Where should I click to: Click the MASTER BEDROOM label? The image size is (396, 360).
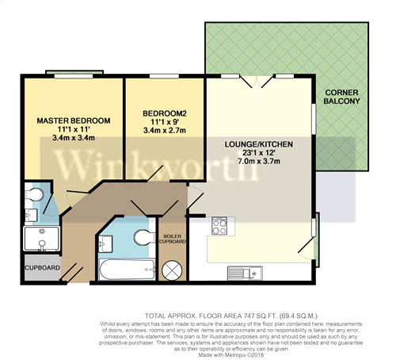tap(74, 121)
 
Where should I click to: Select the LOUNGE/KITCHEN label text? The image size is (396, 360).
tap(259, 144)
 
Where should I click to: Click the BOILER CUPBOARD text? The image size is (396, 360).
tap(173, 239)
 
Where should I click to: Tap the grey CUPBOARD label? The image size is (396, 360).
tap(42, 268)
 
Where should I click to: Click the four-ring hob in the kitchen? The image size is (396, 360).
tap(219, 225)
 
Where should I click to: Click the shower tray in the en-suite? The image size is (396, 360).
tap(39, 239)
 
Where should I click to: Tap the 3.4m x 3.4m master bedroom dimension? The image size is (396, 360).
tap(74, 136)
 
